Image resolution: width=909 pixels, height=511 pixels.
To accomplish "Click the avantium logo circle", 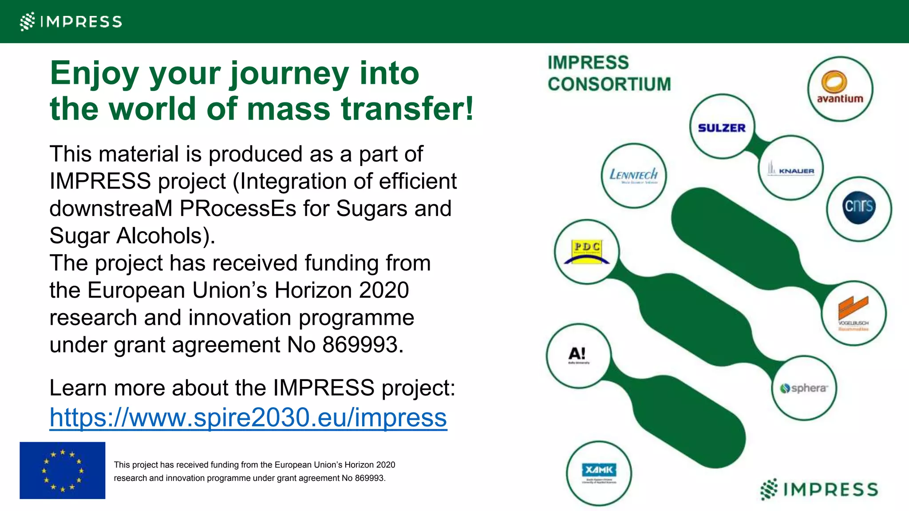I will [x=840, y=89].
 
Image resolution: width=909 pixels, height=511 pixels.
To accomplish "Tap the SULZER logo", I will [x=722, y=127].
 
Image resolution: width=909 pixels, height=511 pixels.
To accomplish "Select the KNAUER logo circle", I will [x=791, y=169].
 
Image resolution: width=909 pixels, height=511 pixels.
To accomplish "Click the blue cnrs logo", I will [x=859, y=208].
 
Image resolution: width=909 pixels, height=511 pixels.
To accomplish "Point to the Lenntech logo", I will [x=633, y=175].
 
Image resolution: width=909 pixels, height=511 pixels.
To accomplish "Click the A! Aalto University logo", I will [x=578, y=355].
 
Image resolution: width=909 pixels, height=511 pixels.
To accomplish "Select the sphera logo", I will [x=804, y=388].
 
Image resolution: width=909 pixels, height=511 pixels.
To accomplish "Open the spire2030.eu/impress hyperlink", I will [x=248, y=417].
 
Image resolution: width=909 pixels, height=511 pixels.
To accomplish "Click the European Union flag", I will [x=63, y=470].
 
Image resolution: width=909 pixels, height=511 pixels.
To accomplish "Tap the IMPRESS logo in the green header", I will [x=71, y=21].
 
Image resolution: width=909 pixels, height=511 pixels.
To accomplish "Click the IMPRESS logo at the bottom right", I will [x=819, y=489].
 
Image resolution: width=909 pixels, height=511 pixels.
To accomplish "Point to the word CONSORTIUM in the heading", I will [x=609, y=84].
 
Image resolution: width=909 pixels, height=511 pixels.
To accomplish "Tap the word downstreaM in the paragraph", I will [x=111, y=208].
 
